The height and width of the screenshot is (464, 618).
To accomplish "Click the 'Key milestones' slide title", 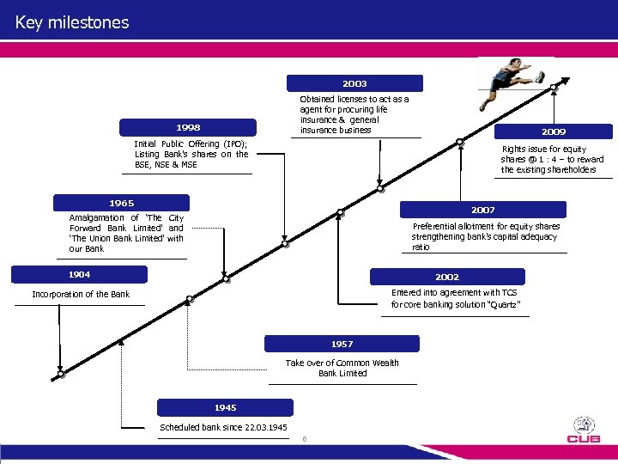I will (72, 22).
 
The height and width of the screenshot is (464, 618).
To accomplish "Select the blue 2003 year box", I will (354, 83).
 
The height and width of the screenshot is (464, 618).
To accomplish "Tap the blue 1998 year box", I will (188, 127).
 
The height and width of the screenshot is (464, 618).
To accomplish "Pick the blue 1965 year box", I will (121, 203).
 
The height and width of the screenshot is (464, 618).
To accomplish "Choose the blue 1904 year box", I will (80, 274).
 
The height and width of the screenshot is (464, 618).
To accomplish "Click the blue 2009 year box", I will (553, 131).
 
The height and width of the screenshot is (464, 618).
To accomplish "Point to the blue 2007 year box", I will (482, 209).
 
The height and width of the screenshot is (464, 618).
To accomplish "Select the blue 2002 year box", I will (446, 277).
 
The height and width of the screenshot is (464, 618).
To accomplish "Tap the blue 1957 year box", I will (342, 344).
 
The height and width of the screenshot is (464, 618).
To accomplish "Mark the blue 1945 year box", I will (225, 407).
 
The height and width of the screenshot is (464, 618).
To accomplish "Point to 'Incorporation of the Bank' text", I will (81, 295).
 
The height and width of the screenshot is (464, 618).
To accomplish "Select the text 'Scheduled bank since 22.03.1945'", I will (223, 428).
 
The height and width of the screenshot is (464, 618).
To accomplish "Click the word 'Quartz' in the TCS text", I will (503, 304).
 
